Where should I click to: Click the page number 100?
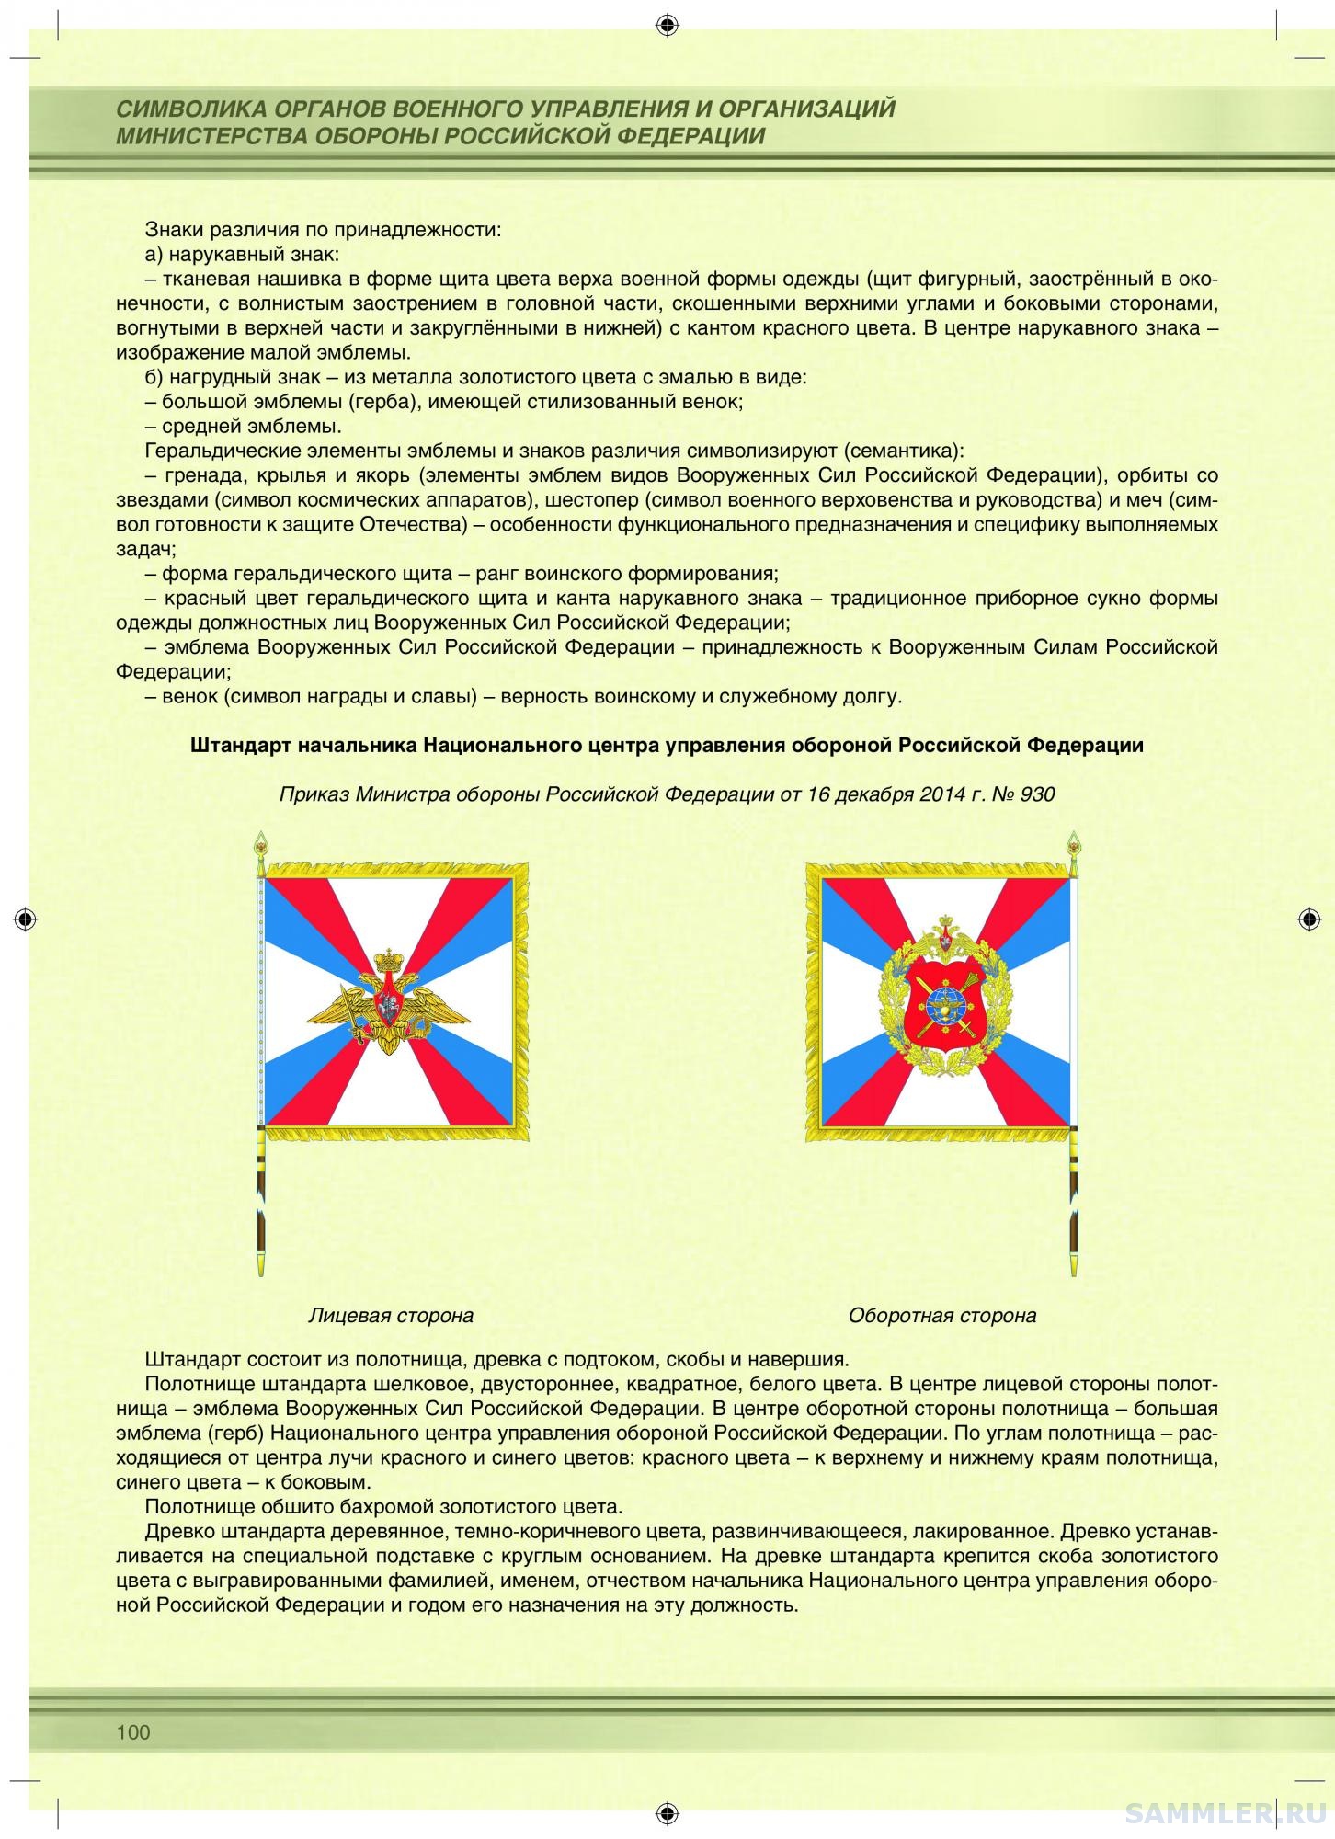click(133, 1732)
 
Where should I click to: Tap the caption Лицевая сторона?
click(391, 1315)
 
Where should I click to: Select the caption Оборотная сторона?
click(942, 1315)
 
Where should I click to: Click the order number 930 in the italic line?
click(1037, 794)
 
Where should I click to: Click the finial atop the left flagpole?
click(262, 841)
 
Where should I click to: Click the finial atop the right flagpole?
click(1072, 841)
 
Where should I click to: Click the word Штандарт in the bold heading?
click(240, 745)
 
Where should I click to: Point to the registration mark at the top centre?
click(667, 25)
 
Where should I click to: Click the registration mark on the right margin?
click(1309, 919)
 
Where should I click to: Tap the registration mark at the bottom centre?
click(667, 1812)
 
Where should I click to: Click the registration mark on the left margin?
click(26, 919)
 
